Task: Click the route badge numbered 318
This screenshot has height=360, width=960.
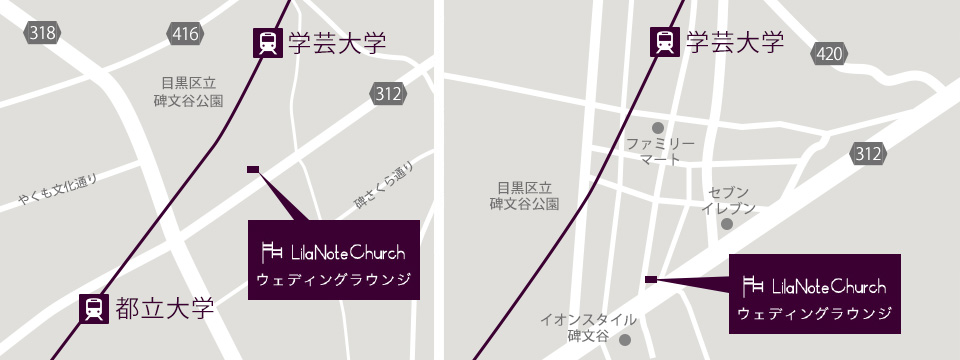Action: point(43,34)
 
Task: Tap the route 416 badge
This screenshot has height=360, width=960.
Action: point(186,34)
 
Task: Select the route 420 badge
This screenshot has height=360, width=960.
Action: point(829,54)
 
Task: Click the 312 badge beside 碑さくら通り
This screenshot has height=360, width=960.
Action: point(389,94)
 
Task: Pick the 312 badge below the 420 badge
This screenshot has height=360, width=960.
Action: point(868,154)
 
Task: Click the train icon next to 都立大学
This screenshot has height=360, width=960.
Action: point(94,308)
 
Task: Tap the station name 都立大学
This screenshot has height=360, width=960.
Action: point(165,308)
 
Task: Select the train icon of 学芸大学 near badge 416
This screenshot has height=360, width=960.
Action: point(267,43)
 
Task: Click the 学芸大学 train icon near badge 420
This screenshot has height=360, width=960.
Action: point(665,42)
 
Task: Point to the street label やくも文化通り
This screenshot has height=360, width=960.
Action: point(58,191)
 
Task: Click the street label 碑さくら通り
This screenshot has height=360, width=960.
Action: point(384,187)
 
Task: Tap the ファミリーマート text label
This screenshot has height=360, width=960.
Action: point(660,152)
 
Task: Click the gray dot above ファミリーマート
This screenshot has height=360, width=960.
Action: point(658,128)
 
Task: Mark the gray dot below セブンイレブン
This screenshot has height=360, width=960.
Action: point(727,224)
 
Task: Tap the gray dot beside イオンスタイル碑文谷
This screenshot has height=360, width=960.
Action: point(625,339)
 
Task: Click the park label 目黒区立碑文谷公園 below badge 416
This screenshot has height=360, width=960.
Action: point(188,92)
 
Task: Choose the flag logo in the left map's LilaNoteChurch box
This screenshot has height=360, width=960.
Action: point(271,252)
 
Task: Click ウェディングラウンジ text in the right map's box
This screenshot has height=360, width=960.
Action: point(814,313)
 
